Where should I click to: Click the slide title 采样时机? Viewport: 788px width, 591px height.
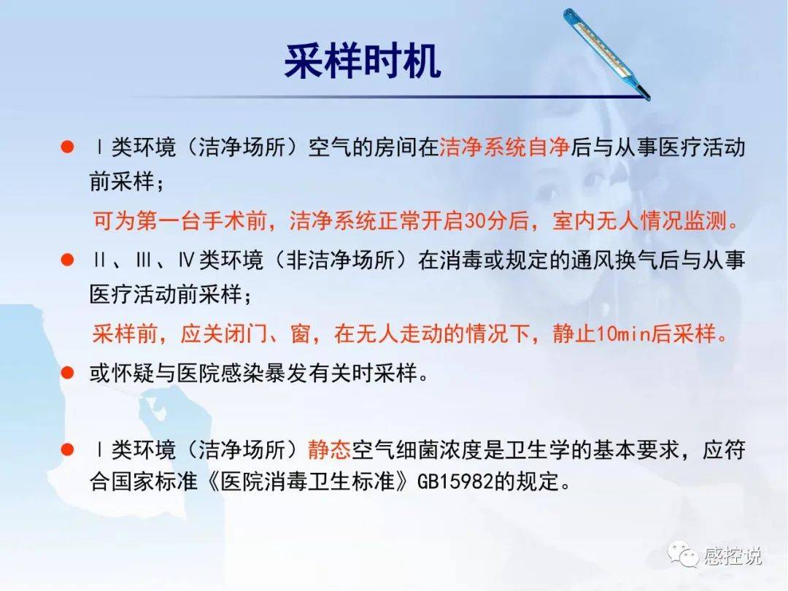click(363, 61)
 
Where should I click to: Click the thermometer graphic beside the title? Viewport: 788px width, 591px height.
click(606, 54)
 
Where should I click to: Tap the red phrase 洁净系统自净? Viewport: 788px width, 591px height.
click(505, 147)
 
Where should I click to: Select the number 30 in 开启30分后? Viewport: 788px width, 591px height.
click(474, 220)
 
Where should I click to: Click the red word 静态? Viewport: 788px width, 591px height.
click(329, 449)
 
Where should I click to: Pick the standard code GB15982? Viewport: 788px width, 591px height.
click(455, 482)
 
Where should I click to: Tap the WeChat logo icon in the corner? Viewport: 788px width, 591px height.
click(683, 555)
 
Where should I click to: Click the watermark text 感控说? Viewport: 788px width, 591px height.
click(733, 556)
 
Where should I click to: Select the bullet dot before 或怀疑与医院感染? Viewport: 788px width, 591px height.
click(67, 373)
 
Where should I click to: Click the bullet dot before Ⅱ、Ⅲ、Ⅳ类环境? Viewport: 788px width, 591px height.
click(67, 260)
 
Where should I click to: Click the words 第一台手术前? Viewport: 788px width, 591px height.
click(201, 220)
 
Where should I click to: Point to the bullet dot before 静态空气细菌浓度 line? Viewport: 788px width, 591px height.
click(67, 449)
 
